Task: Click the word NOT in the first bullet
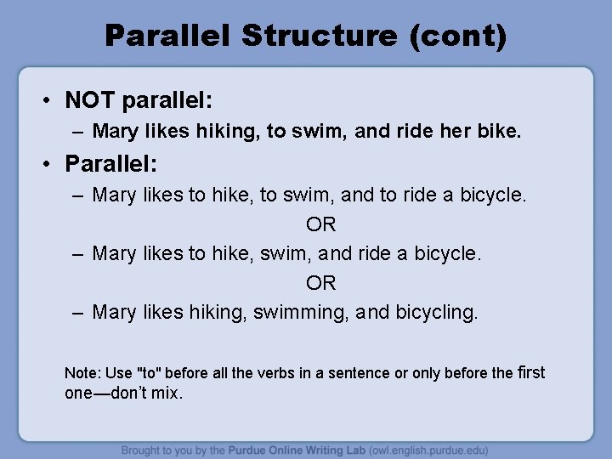[92, 101]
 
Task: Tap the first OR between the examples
[320, 224]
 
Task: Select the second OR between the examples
[320, 282]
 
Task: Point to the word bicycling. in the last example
[434, 312]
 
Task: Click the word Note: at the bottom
[82, 373]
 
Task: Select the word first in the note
[531, 372]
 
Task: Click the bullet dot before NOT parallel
[52, 101]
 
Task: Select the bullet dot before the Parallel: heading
[52, 161]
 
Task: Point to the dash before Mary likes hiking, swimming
[77, 312]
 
